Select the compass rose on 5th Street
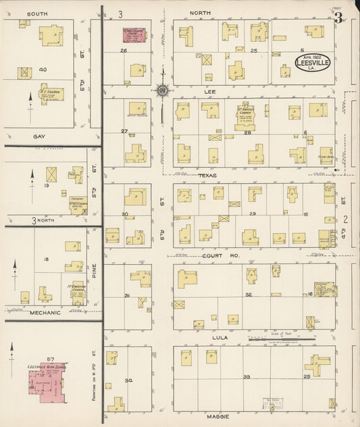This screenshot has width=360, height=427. click(162, 89)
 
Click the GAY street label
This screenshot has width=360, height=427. click(39, 136)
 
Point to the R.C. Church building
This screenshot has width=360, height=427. click(50, 93)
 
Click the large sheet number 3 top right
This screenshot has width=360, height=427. click(337, 18)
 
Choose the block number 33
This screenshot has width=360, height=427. click(247, 376)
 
